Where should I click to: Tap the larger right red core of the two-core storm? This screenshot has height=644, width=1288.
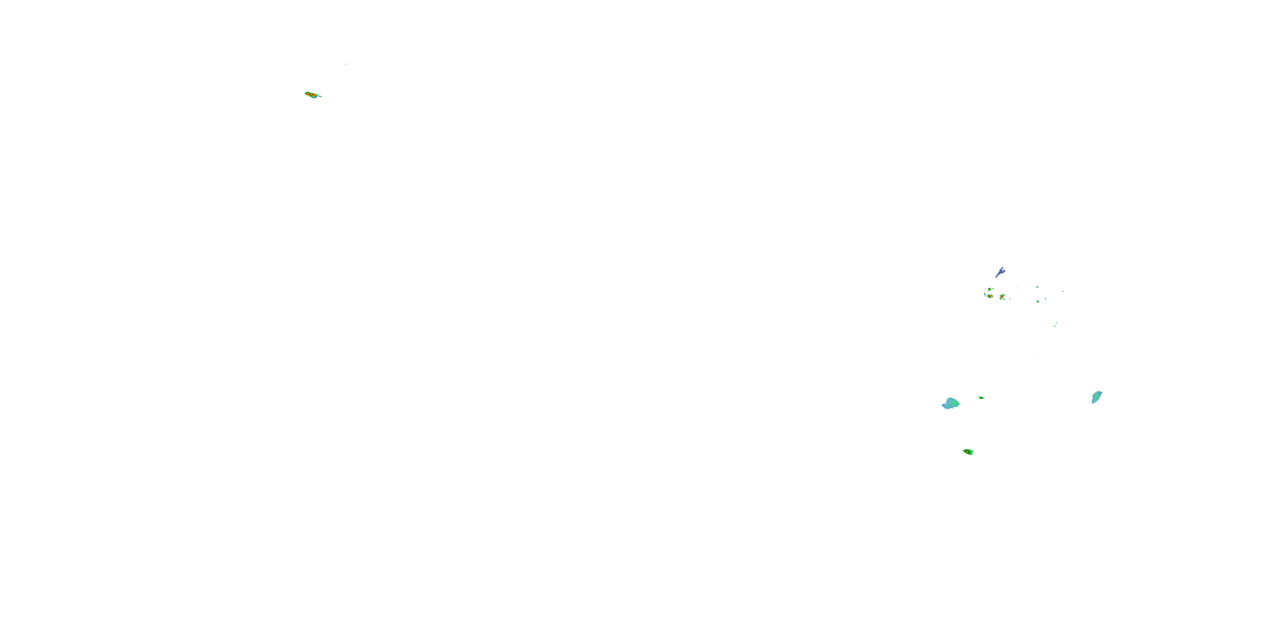[313, 95]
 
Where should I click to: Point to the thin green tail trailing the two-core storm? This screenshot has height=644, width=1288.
[321, 97]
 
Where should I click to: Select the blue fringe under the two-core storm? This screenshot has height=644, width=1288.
[315, 98]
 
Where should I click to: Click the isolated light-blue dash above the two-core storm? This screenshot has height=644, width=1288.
[346, 64]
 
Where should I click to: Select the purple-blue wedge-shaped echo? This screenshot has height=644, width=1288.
[1002, 271]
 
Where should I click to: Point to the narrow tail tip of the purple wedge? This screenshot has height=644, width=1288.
[996, 277]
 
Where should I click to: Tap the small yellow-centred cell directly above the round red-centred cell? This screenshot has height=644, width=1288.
[990, 289]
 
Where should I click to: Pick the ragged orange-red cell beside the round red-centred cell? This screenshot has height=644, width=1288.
[1002, 297]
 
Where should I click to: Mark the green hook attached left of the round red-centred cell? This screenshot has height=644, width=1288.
[985, 295]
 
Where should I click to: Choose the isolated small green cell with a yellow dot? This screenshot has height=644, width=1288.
[1039, 302]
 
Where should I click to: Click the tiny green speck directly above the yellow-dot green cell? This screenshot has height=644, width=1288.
[1038, 287]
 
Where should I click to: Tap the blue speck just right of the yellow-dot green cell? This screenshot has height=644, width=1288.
[1045, 299]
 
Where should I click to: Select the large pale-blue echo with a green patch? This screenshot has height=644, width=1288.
[950, 404]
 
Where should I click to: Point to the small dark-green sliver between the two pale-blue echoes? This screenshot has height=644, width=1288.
[981, 398]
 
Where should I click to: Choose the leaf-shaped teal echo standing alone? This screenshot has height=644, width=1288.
[1097, 398]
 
